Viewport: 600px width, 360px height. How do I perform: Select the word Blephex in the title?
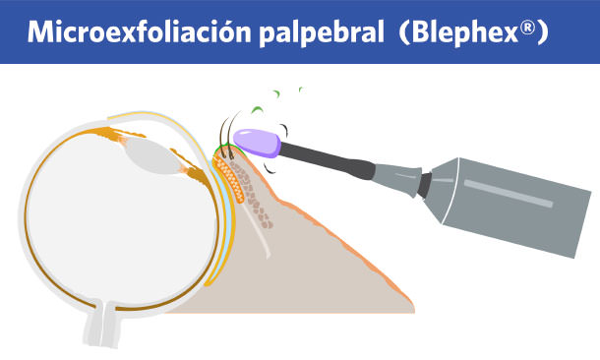460,32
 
